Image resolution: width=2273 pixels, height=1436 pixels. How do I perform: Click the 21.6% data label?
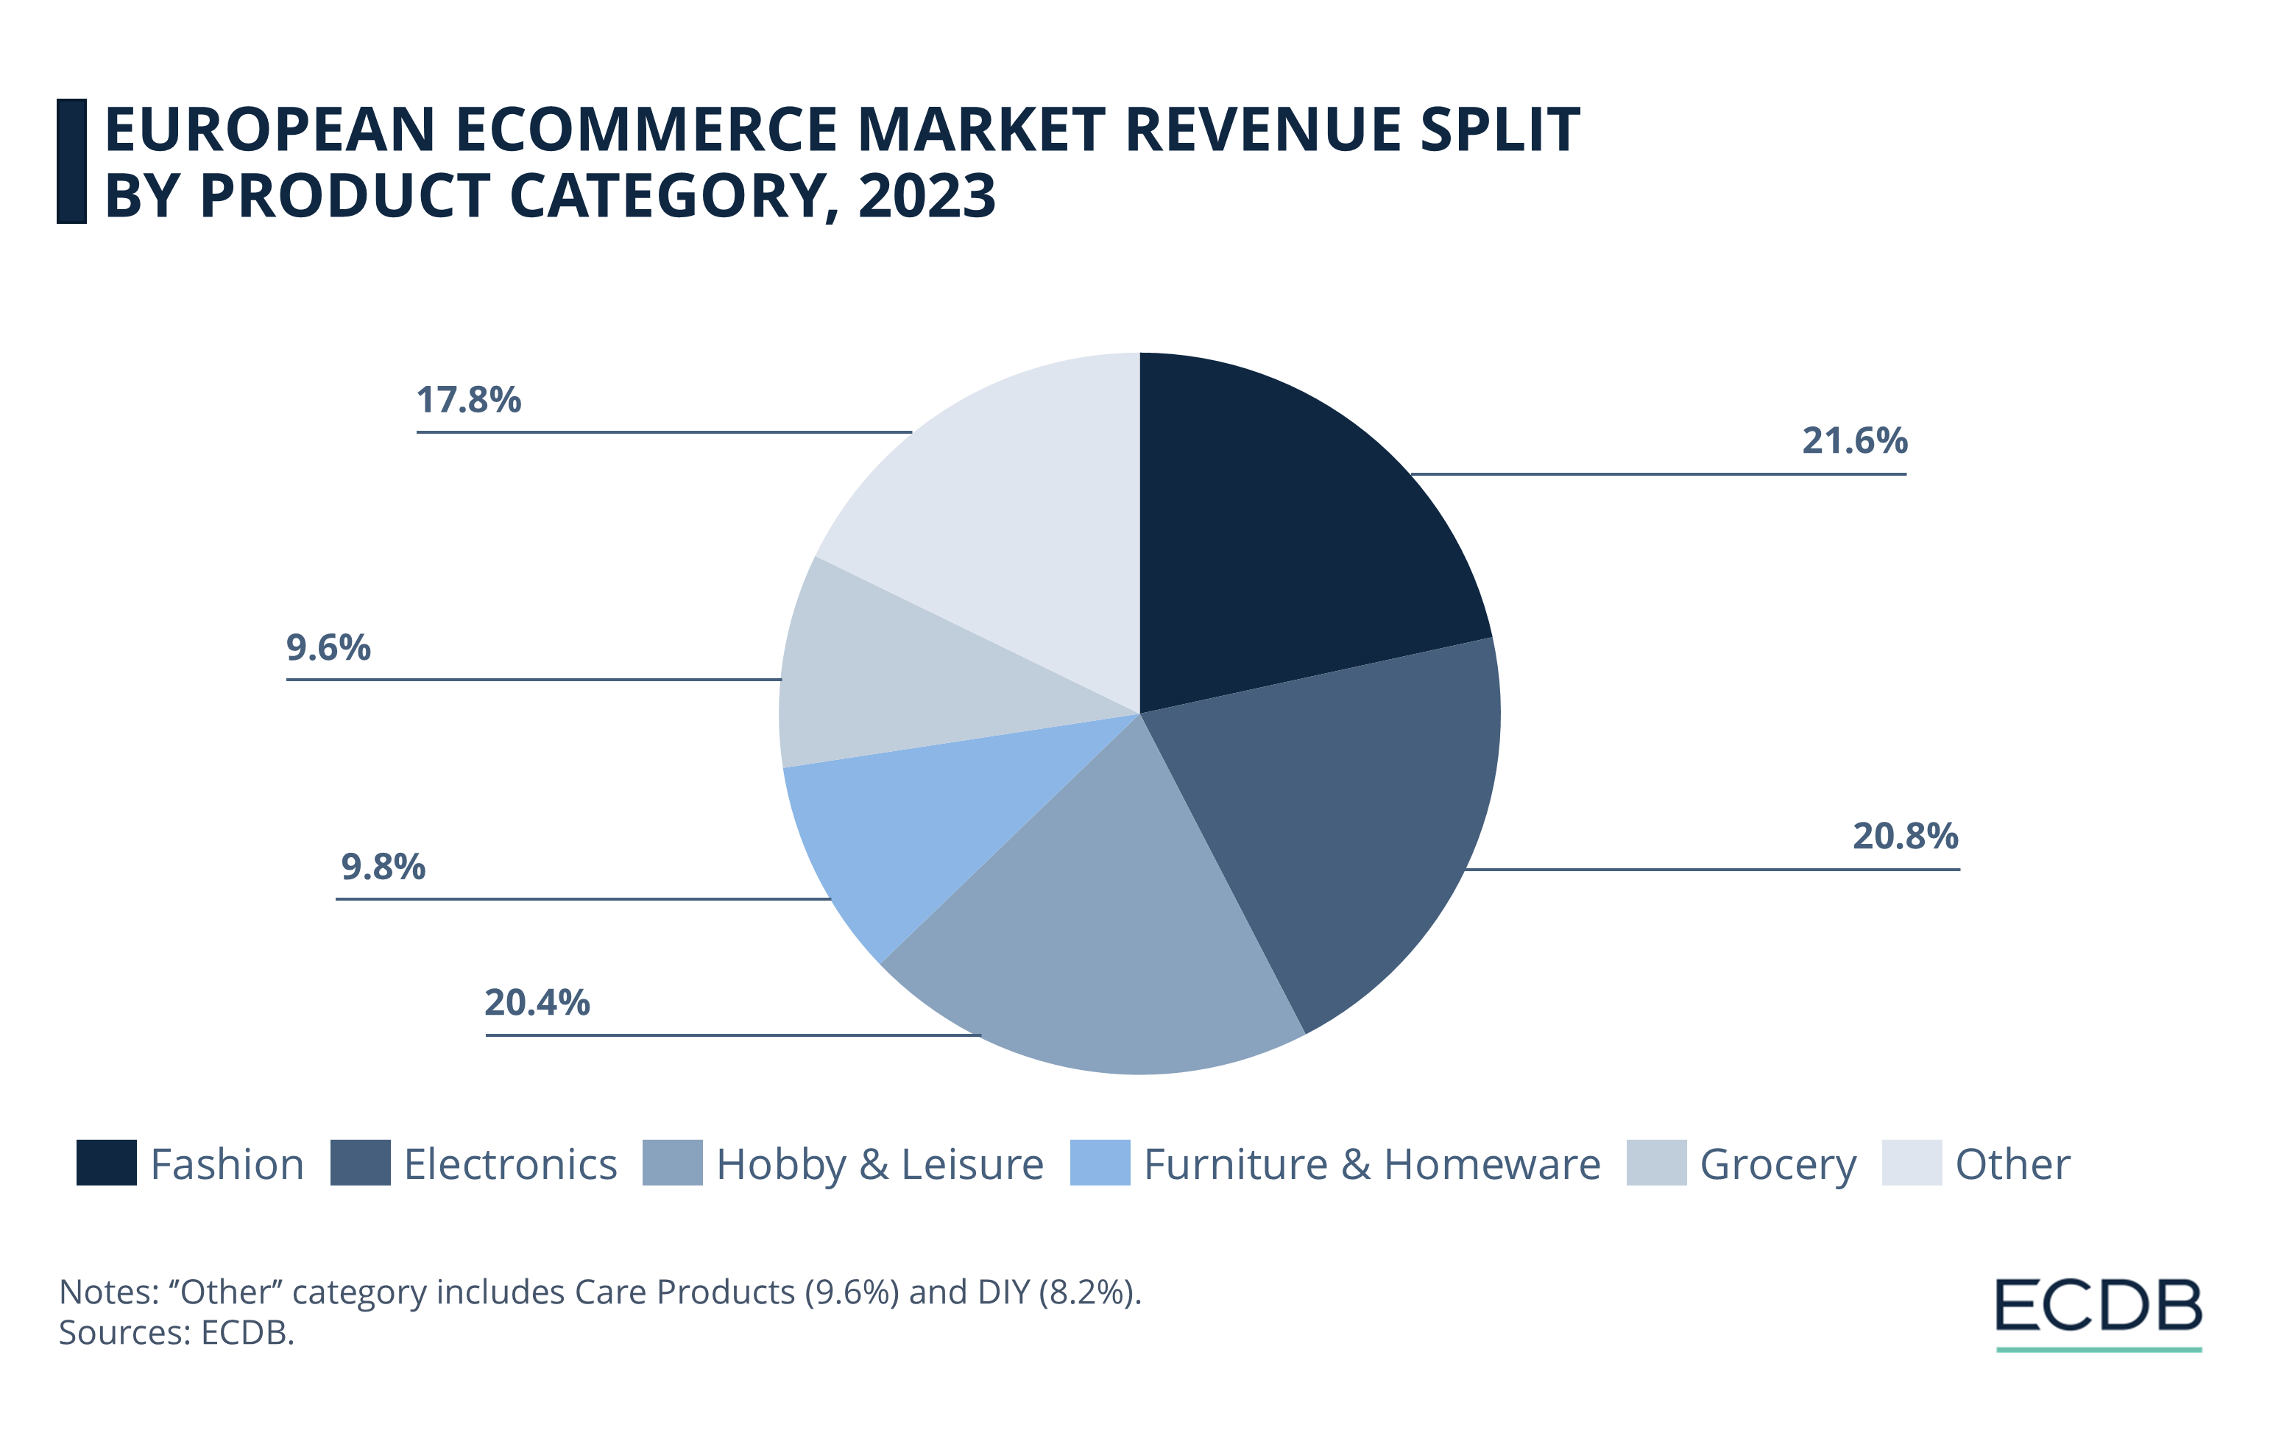click(1854, 441)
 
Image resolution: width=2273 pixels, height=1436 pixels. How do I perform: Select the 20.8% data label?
click(1905, 837)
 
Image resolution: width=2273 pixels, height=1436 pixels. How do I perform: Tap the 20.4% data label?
click(537, 1003)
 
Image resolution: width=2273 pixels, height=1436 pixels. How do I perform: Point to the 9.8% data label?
click(383, 867)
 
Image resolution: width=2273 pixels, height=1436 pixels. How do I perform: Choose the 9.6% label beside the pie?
click(328, 647)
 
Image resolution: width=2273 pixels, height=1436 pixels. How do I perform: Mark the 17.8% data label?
click(469, 401)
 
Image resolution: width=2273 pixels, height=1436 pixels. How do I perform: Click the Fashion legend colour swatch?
click(107, 1162)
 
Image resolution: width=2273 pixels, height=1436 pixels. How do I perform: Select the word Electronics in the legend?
click(509, 1164)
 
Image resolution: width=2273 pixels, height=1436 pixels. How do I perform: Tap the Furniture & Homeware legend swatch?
click(1100, 1162)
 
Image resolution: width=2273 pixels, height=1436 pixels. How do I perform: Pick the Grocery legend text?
click(1778, 1164)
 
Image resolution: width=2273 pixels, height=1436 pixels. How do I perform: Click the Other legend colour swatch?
click(1911, 1162)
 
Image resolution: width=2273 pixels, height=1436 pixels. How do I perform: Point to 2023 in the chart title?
click(926, 197)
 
